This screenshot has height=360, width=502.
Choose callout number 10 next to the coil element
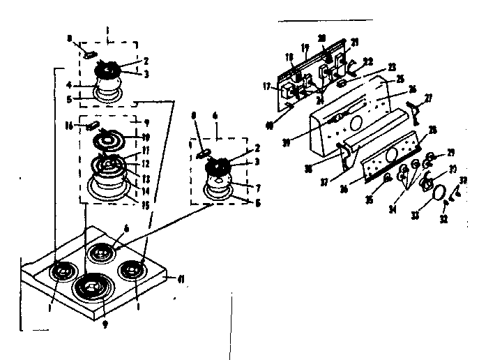click(146, 136)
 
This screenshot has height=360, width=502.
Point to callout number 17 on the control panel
click(267, 87)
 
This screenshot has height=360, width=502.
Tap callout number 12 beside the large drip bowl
click(146, 163)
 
